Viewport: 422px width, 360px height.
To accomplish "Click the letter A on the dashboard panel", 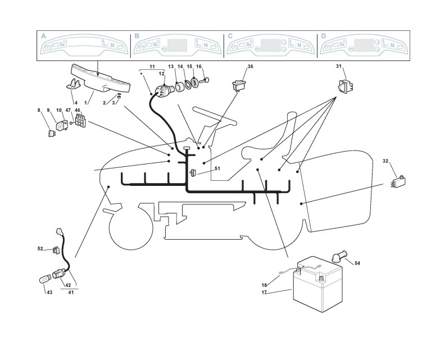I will coord(43,35).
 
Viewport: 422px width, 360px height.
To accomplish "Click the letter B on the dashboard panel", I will coord(137,35).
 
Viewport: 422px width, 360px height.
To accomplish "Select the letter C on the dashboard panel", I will coord(230,35).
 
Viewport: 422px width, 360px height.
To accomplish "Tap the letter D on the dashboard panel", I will coord(323,35).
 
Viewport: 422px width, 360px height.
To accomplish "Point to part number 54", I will coord(357,263).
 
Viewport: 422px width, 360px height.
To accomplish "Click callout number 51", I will coord(217,167).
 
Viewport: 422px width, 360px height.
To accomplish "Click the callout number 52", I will coord(40,248).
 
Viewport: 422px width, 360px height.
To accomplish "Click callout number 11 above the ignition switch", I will coord(151,67).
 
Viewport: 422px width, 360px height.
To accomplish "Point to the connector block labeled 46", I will coord(80,120).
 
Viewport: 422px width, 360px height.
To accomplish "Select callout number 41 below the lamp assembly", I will coord(70,292).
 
